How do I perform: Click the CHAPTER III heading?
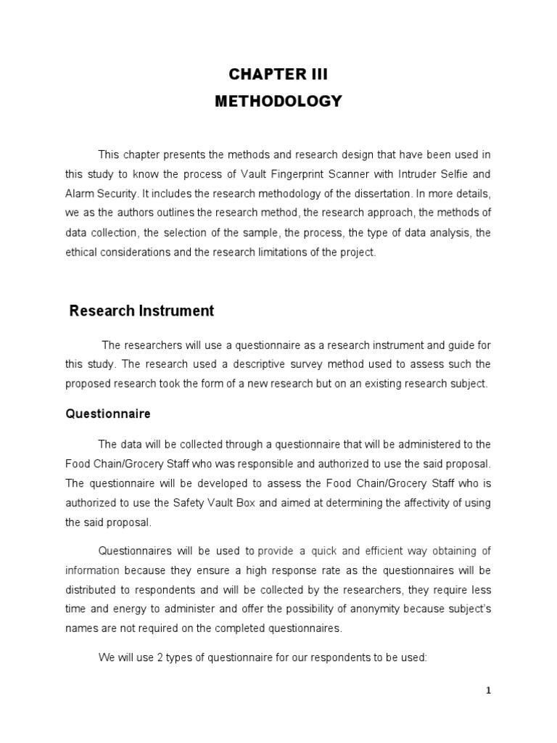point(278,75)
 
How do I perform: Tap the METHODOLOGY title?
point(278,102)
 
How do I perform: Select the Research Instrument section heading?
point(141,311)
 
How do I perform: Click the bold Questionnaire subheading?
point(108,414)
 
